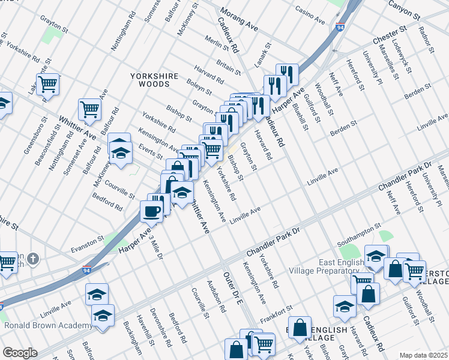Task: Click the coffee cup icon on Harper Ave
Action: (151, 211)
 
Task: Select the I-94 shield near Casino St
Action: (340, 28)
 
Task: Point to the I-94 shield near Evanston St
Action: (87, 271)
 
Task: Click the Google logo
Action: (20, 353)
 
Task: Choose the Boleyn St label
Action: (199, 87)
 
